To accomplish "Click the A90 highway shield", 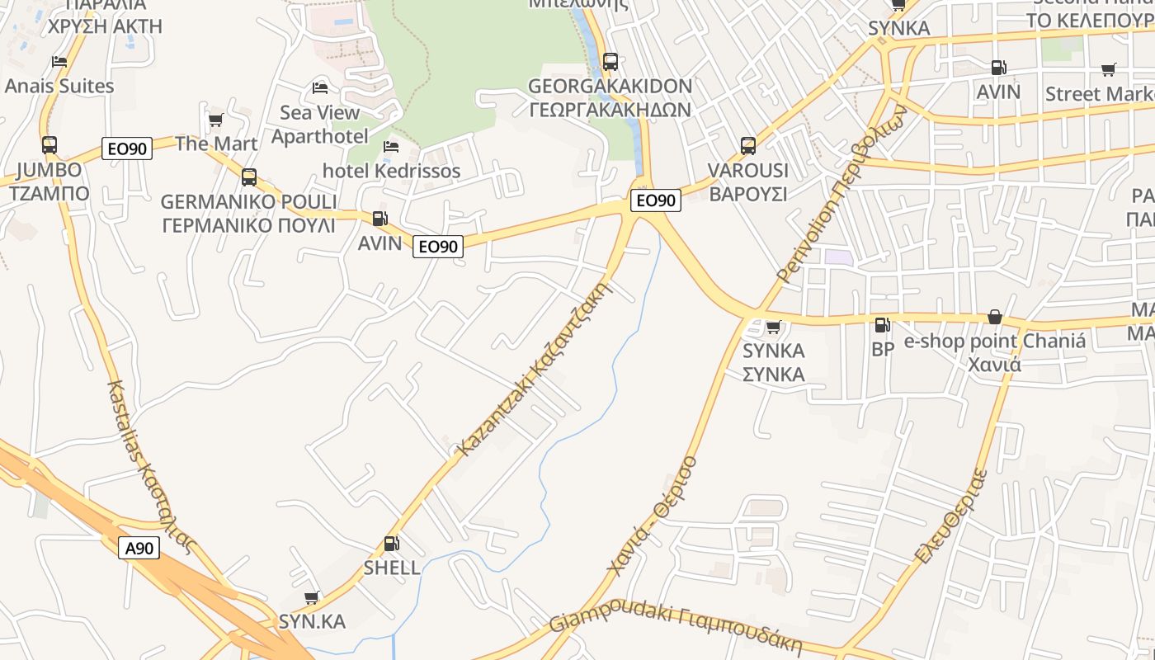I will coord(139,548).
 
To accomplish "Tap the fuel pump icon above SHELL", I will coord(392,544).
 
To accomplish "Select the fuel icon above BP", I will coord(882,325).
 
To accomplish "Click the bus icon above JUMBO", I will coord(49,145).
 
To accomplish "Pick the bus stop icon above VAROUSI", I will coord(748,146).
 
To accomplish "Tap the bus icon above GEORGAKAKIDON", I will coord(610,61).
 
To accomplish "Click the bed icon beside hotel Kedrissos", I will coord(392,147).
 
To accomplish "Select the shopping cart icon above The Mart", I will coord(216,120).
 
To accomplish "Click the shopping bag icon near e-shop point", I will coord(995,318).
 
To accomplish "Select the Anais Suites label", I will coord(59,86).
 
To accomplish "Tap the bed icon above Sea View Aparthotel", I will coord(320,87).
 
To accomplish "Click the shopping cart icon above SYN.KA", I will coord(312,597).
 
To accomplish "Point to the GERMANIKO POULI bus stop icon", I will coord(249,177).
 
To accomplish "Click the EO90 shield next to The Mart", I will coord(127,148).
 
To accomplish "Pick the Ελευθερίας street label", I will coord(951,516).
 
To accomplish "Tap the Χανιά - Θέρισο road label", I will coord(652,516).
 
